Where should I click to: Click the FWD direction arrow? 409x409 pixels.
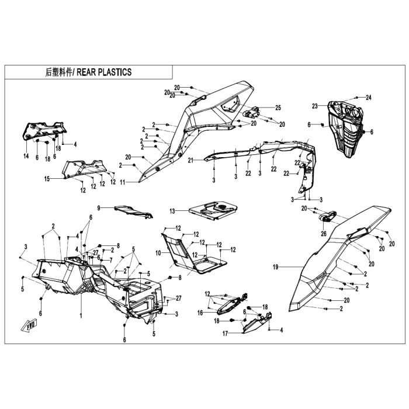29,326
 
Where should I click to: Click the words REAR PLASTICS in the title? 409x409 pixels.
104,72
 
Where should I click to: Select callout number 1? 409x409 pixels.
81,316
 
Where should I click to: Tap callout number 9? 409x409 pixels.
99,208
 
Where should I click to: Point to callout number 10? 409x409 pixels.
158,253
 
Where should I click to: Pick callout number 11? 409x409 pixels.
123,182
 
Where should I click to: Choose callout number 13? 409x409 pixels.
172,211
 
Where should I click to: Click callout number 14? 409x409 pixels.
26,156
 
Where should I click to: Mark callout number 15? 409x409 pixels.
47,179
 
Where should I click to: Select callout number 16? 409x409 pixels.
200,313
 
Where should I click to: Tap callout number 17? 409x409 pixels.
226,334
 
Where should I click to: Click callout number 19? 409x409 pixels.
276,267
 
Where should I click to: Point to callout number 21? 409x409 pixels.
190,160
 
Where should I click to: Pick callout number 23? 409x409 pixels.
315,106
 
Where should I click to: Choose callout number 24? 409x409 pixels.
368,98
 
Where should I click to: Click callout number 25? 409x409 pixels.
278,108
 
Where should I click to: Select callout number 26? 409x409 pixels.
324,234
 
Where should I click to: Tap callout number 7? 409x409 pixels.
111,261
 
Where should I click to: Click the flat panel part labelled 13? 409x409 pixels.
213,210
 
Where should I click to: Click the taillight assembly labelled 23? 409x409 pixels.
346,129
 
